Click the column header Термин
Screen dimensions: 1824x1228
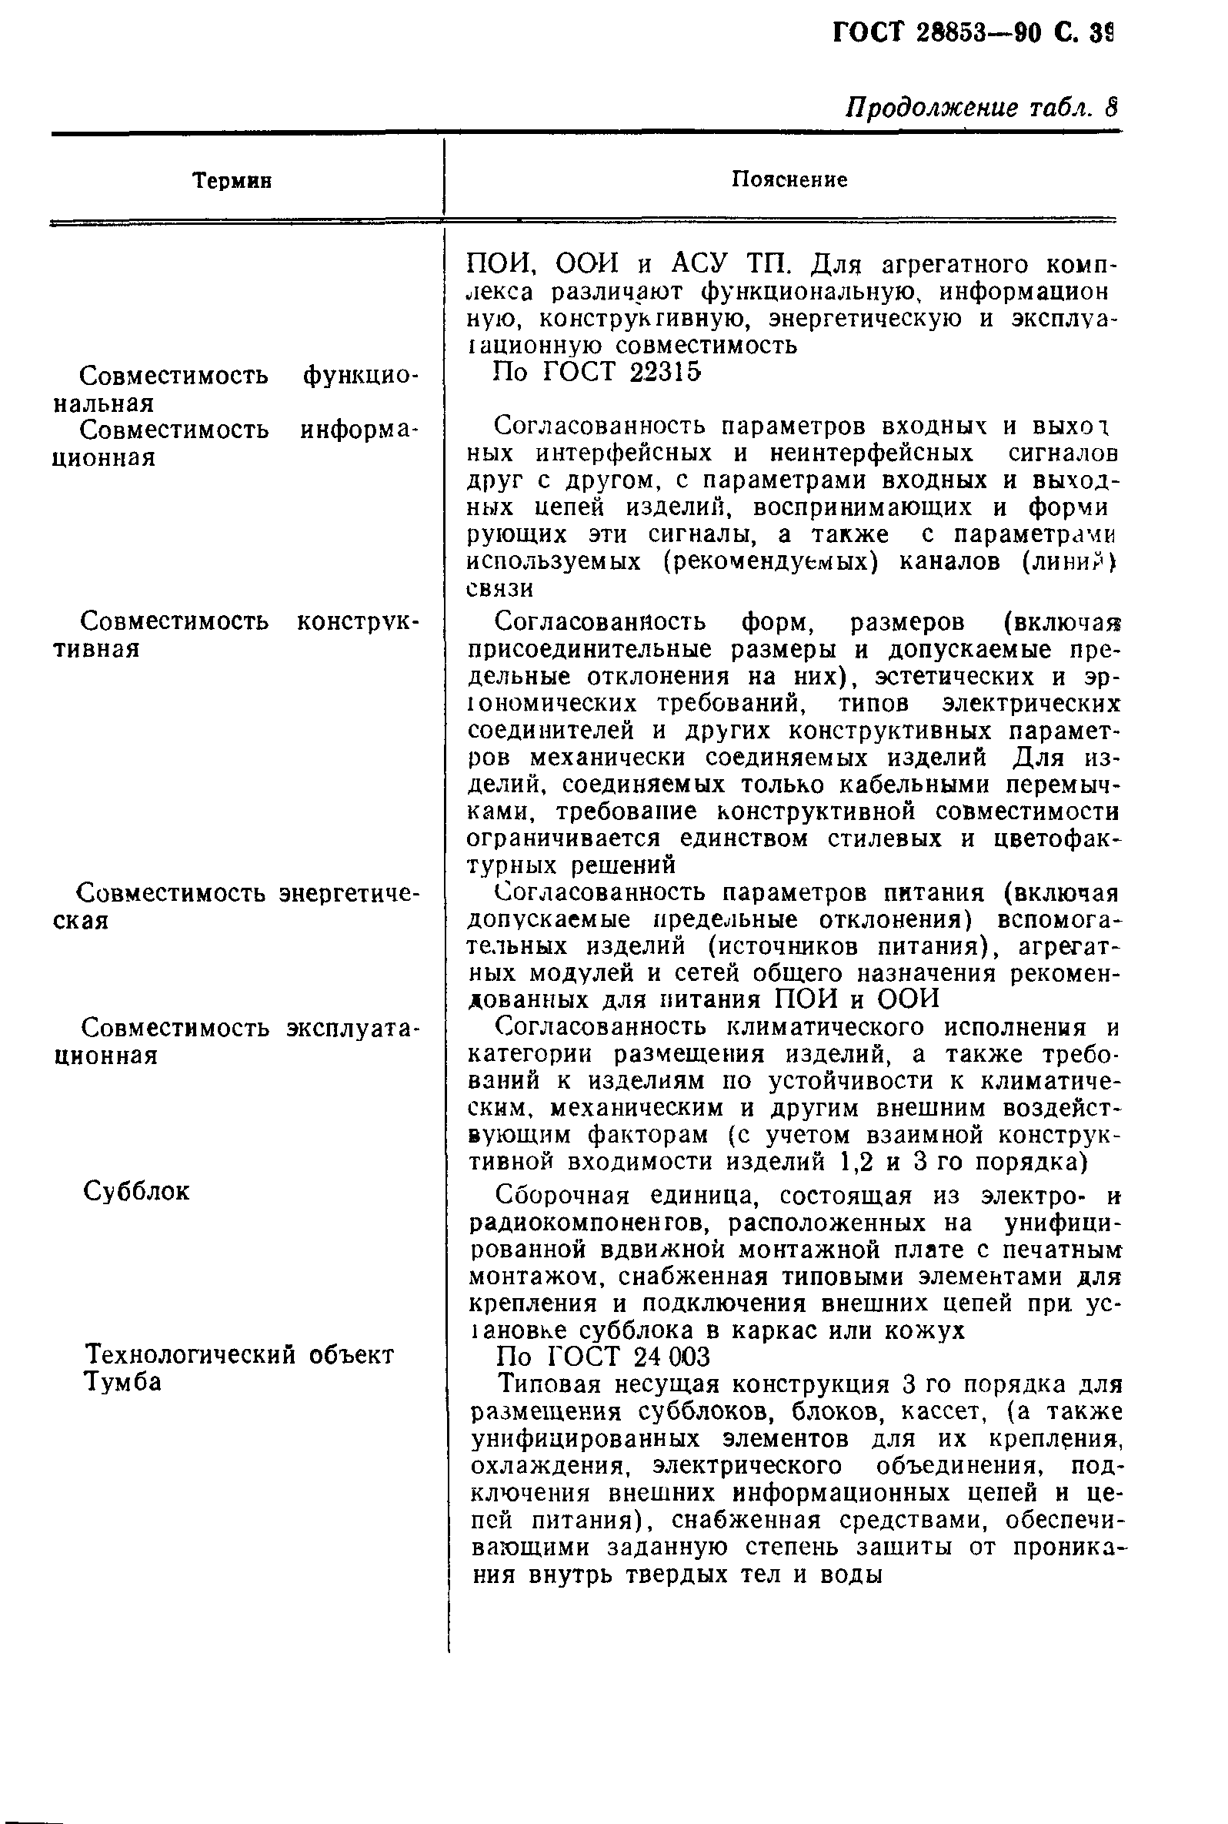232,181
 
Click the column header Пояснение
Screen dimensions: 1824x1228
789,180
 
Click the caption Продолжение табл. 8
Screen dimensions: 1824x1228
983,108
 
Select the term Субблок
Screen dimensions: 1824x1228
136,1192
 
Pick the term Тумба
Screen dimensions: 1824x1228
122,1382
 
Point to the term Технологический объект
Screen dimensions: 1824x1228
239,1354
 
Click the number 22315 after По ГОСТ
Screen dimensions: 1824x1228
665,372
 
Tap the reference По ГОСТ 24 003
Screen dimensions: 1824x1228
603,1356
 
